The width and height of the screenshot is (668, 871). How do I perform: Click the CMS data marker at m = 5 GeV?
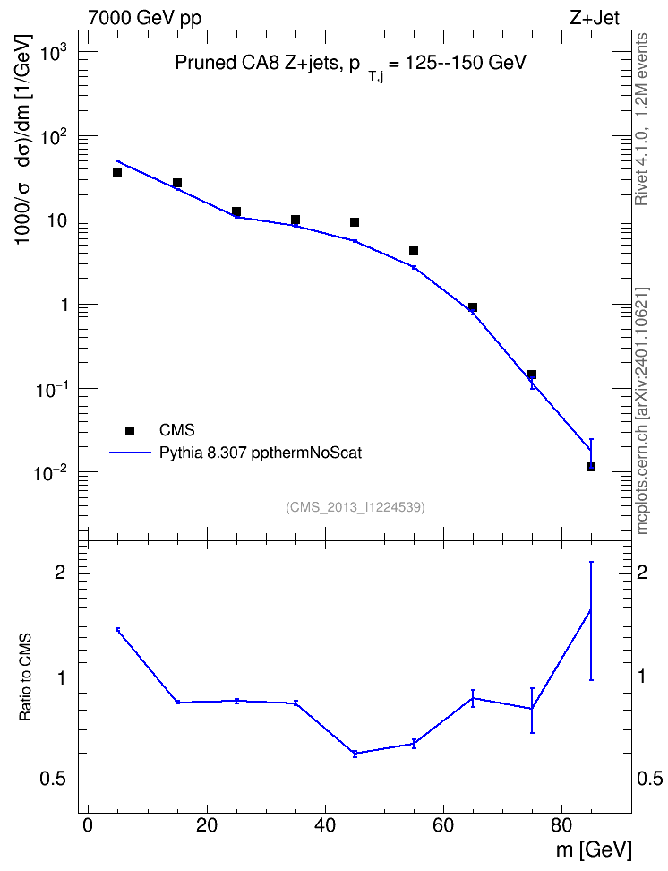117,173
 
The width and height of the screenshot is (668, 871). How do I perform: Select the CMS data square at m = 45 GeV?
355,222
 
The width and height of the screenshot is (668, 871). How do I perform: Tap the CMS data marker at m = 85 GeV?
591,467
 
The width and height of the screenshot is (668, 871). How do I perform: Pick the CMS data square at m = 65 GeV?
473,307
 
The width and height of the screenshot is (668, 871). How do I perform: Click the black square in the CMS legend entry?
130,430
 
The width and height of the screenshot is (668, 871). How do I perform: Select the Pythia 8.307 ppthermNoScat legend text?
261,453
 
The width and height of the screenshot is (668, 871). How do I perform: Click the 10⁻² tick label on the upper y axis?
47,472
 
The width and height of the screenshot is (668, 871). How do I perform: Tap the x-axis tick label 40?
325,825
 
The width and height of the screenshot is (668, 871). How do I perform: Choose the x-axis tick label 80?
561,825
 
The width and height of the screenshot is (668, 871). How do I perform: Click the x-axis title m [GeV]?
593,849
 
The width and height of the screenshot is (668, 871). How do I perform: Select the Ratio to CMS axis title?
25,677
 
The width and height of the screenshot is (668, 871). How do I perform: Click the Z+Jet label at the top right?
595,18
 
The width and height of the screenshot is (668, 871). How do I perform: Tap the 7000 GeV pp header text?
144,18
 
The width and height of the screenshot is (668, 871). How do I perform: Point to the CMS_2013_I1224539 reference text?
355,507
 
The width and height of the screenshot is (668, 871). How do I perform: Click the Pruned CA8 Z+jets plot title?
350,64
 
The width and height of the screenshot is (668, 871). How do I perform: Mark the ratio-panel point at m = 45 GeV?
355,754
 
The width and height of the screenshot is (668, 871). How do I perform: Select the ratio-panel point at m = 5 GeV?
117,629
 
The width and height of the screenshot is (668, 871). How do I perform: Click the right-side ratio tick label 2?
642,573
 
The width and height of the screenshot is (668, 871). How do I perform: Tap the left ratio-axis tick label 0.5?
54,780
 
